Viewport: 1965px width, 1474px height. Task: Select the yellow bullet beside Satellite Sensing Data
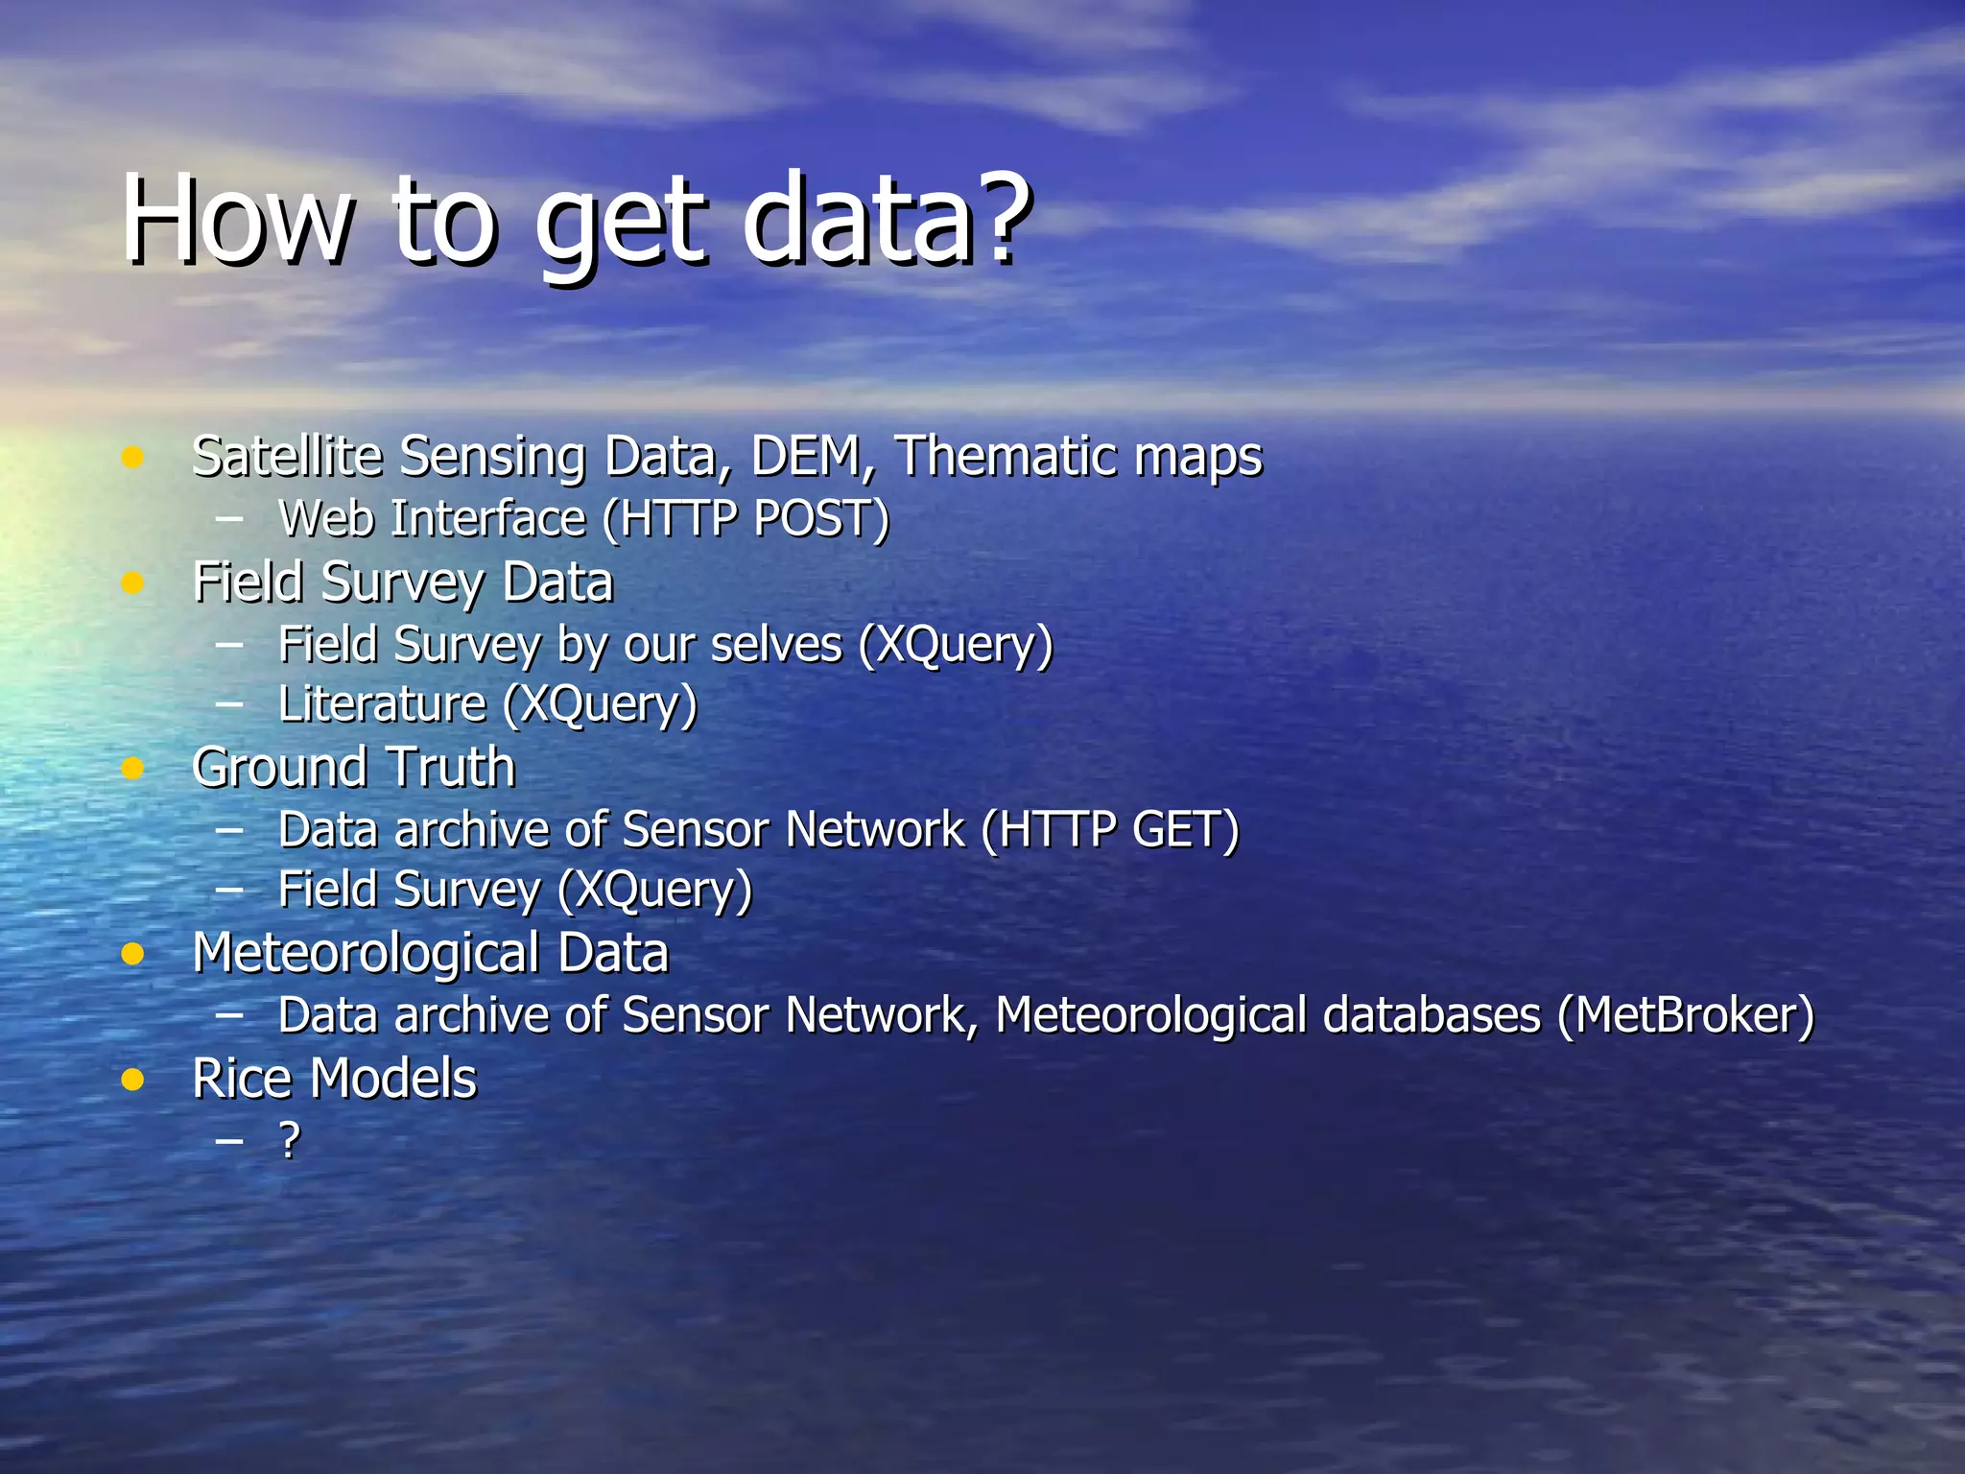click(132, 457)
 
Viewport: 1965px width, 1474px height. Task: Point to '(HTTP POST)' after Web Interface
click(746, 519)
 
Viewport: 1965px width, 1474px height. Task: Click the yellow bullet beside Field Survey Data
click(132, 582)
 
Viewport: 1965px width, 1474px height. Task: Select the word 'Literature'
click(382, 704)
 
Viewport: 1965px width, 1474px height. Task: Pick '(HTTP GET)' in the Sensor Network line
click(1110, 830)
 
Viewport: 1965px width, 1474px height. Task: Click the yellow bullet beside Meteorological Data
click(132, 954)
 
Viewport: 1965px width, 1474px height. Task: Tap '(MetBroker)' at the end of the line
click(1686, 1015)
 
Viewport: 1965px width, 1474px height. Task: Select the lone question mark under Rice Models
click(289, 1140)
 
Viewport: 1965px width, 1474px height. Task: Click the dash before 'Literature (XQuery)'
click(229, 703)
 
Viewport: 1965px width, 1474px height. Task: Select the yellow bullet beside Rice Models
click(132, 1080)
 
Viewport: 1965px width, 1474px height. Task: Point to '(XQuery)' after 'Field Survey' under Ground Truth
click(655, 891)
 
